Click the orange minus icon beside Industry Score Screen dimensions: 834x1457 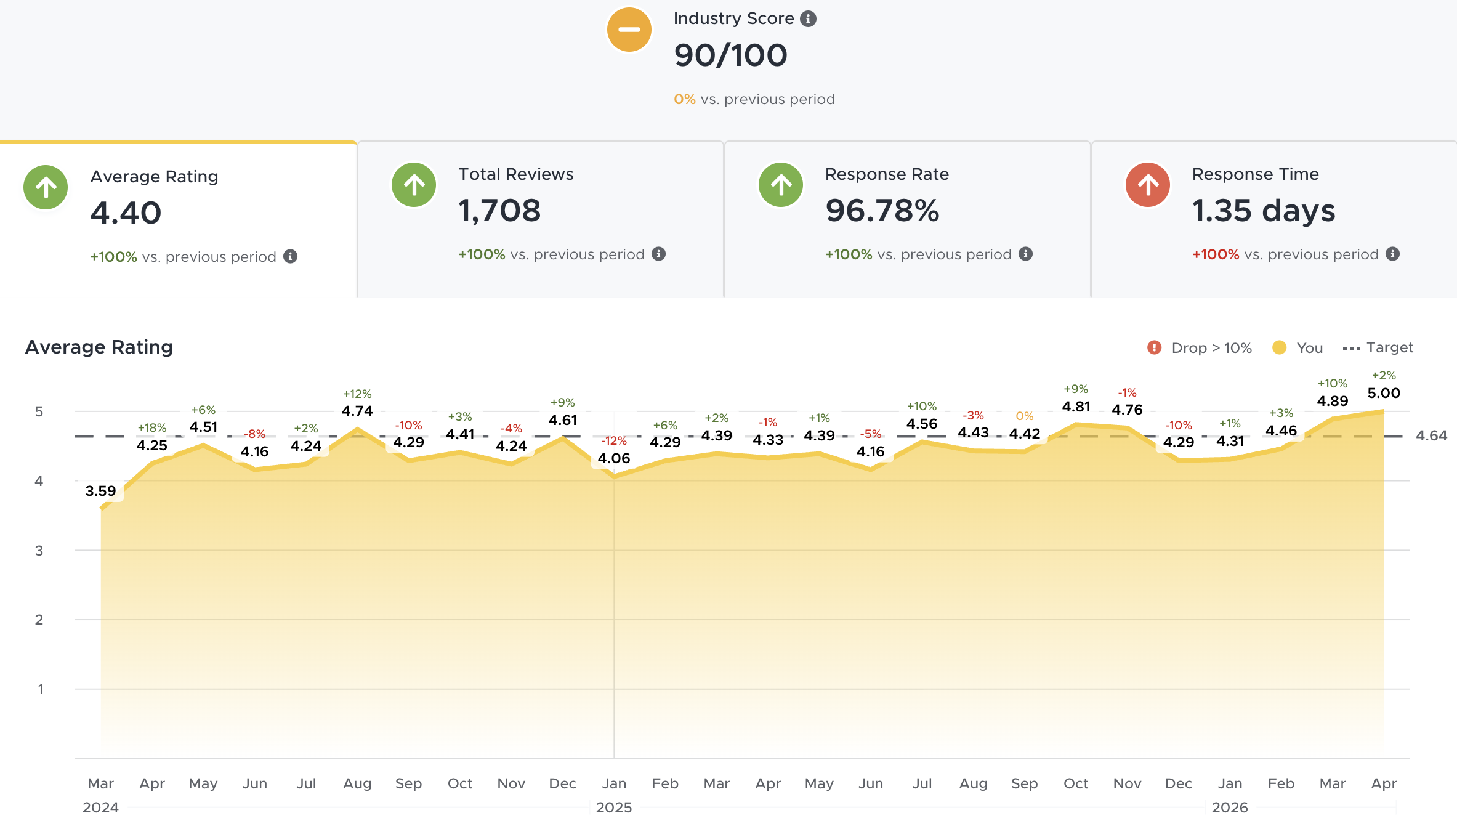(629, 30)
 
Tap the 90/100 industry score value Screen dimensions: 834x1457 (730, 55)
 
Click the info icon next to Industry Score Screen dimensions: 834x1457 (808, 19)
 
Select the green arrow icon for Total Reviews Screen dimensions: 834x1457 (414, 185)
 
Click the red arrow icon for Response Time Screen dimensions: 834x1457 (1147, 185)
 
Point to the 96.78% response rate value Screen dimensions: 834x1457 (882, 211)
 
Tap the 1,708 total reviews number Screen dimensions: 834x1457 (499, 211)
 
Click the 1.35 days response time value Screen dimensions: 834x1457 (1263, 211)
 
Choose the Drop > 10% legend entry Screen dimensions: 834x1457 (1200, 348)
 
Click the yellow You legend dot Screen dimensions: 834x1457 (1279, 348)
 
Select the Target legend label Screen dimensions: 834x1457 (1389, 347)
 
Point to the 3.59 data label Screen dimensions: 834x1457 (100, 491)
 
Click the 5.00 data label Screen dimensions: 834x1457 (1383, 393)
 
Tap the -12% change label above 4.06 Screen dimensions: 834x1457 (613, 441)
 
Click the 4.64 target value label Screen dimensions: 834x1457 (1431, 435)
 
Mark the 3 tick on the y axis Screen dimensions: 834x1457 (39, 551)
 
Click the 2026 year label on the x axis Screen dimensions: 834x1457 (1229, 808)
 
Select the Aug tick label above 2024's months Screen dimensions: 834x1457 (357, 783)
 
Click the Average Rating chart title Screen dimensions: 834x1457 (99, 347)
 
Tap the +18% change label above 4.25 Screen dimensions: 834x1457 (151, 428)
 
